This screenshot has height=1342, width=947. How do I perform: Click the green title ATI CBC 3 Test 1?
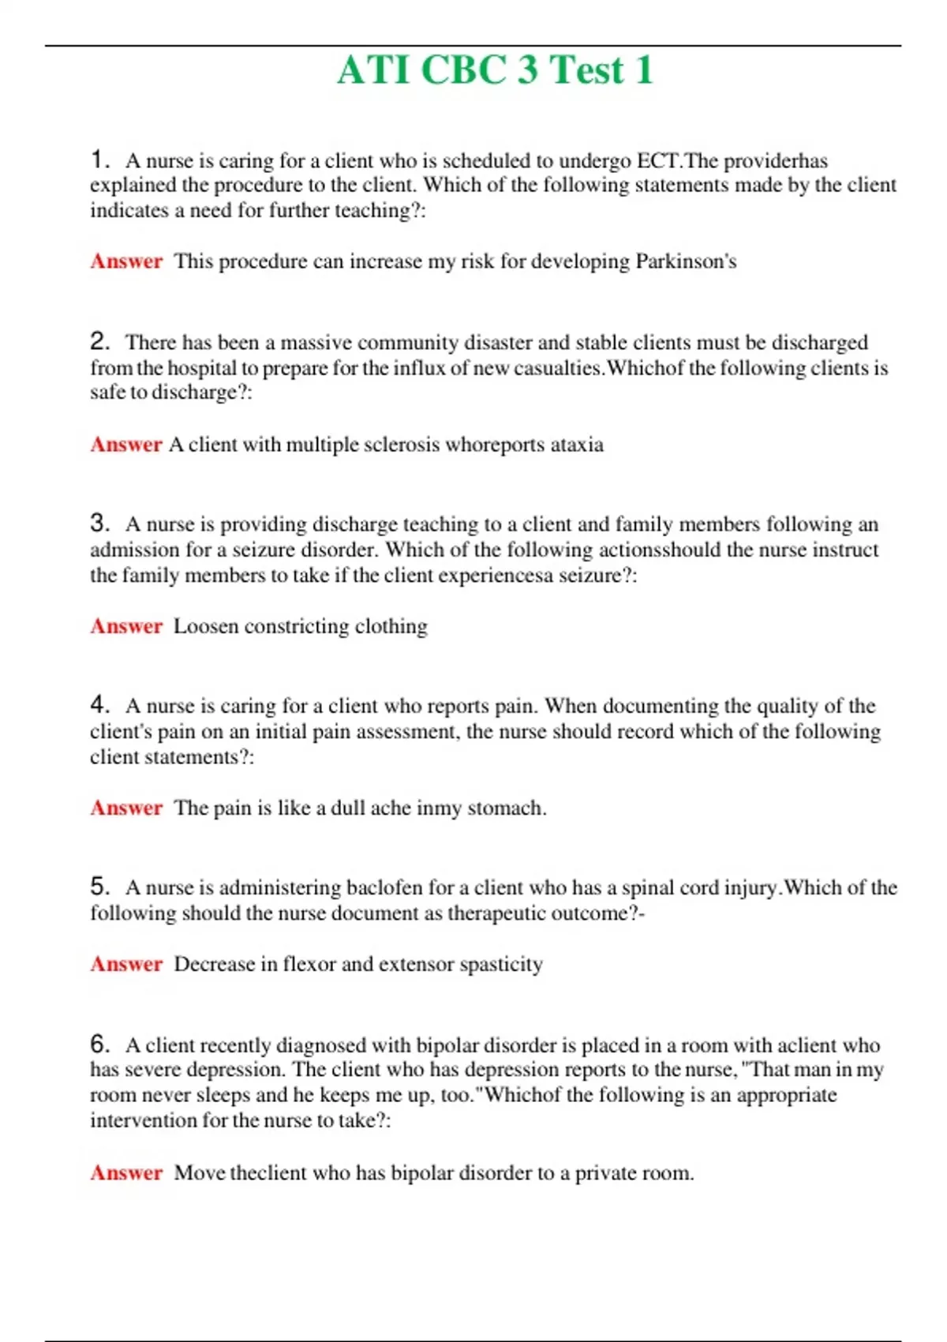coord(496,69)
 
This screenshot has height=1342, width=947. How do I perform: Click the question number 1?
coord(99,159)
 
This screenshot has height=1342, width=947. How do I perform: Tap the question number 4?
coord(99,704)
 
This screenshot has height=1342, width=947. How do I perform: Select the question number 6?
coord(99,1044)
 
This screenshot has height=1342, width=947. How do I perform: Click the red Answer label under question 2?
coord(126,444)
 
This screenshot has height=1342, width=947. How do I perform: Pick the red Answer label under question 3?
coord(126,626)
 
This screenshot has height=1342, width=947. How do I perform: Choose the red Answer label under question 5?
coord(126,964)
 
